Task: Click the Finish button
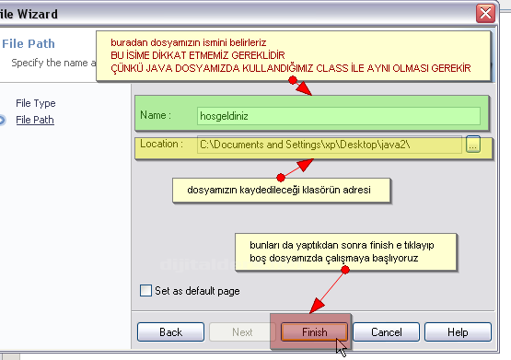(x=314, y=331)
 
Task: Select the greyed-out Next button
(x=241, y=331)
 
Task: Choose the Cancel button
(x=387, y=331)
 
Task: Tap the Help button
(x=458, y=331)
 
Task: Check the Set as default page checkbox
(x=145, y=290)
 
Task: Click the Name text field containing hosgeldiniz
(x=338, y=116)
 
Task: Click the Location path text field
(x=329, y=145)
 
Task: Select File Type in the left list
(x=36, y=103)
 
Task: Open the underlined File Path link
(x=36, y=120)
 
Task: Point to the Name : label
(x=157, y=116)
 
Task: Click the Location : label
(x=163, y=145)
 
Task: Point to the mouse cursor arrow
(x=341, y=347)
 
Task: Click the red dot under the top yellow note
(x=293, y=80)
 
